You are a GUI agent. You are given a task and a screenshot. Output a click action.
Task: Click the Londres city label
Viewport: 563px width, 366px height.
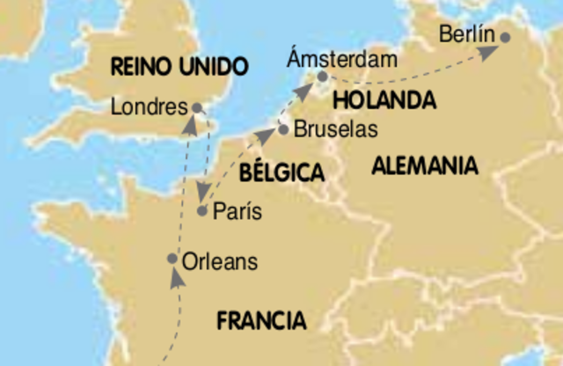(150, 108)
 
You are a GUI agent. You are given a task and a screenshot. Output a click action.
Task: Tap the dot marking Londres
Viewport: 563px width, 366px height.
(197, 108)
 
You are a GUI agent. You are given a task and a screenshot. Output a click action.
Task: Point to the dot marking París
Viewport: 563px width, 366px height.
(202, 211)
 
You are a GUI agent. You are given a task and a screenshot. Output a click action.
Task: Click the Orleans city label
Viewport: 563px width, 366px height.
(221, 261)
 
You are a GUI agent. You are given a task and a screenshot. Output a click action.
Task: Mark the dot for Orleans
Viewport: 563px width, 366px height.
(173, 259)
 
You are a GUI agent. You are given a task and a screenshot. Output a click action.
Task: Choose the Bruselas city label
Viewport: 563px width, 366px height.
(335, 130)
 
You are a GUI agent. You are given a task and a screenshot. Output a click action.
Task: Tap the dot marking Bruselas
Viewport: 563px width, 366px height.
(283, 129)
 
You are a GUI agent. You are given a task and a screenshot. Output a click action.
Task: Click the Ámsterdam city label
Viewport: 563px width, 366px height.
(342, 59)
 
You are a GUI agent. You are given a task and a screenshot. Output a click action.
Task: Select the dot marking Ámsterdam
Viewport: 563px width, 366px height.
(323, 77)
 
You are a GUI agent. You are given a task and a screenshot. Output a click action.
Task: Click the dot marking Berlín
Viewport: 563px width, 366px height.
(505, 37)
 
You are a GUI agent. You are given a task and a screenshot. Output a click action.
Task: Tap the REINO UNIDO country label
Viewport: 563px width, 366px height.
(179, 66)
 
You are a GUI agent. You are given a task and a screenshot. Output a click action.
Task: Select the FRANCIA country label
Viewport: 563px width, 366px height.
(261, 320)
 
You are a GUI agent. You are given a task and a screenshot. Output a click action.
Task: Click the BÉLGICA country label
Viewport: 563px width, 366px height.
(281, 172)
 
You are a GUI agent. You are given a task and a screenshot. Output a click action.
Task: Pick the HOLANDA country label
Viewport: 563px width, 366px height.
(384, 100)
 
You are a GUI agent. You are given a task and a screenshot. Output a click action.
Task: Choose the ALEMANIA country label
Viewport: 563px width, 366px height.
(424, 165)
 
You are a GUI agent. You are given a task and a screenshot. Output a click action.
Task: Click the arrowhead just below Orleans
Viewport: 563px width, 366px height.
(177, 276)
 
